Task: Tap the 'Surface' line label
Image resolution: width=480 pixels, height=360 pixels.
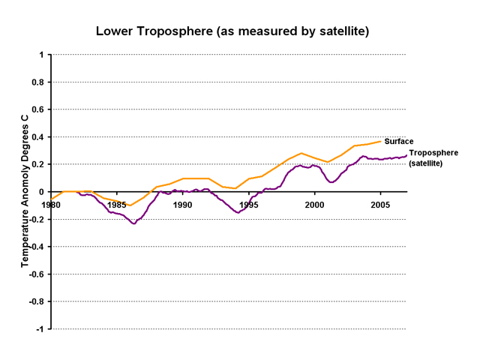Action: point(399,141)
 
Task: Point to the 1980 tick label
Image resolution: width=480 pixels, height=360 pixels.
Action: point(50,204)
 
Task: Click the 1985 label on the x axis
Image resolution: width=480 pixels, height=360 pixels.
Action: point(116,204)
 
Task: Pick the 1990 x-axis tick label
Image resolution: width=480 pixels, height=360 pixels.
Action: point(182,204)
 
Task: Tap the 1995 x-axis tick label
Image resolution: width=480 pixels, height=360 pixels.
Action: point(248,204)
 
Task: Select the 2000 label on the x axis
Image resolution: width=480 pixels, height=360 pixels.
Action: point(314,204)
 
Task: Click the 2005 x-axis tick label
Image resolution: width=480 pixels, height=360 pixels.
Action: point(380,204)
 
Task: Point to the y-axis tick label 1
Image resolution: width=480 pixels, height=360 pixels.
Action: point(41,55)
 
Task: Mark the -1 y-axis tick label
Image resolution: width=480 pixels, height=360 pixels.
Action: point(40,328)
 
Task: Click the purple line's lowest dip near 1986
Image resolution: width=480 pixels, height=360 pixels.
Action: point(134,223)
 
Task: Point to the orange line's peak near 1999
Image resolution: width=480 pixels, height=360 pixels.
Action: point(301,153)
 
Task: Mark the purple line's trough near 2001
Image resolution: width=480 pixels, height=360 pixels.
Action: point(331,181)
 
